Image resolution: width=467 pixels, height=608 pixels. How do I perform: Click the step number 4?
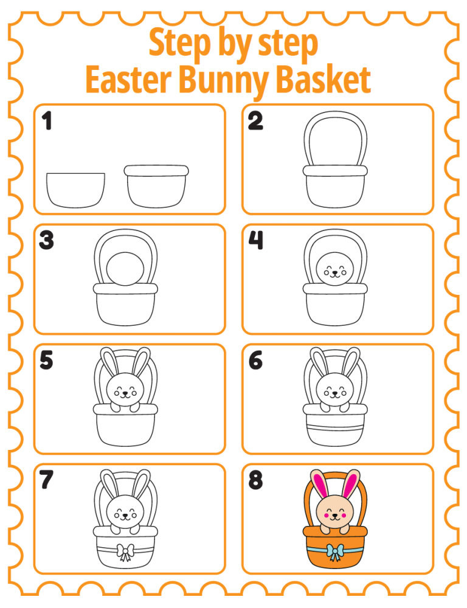coord(255,241)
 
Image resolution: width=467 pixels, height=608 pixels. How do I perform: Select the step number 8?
coord(256,480)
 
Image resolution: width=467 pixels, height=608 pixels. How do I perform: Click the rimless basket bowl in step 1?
coord(75,190)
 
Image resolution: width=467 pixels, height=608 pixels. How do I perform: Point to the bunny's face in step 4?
coord(334,269)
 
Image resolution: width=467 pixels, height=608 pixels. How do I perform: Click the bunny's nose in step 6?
coord(334,393)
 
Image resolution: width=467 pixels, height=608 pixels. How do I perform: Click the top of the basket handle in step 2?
coord(336,115)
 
